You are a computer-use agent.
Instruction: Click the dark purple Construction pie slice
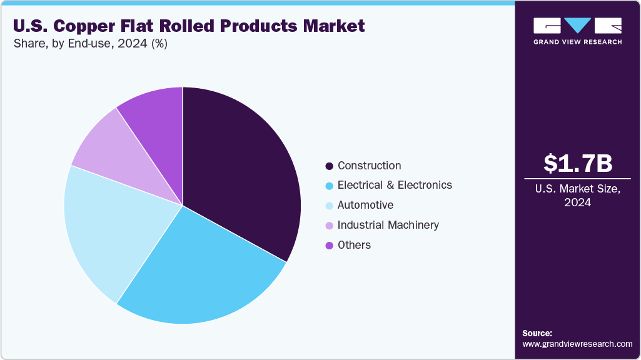click(x=241, y=169)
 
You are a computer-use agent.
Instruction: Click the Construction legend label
click(x=369, y=166)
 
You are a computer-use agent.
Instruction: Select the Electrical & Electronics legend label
click(x=395, y=185)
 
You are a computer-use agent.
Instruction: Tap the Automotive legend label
click(x=365, y=205)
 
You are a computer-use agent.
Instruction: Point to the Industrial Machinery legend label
click(x=388, y=225)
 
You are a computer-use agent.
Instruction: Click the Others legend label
click(x=354, y=245)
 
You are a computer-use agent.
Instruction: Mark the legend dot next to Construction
click(x=329, y=166)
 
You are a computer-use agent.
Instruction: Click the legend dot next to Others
click(x=329, y=246)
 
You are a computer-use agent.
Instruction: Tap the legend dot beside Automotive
click(x=329, y=206)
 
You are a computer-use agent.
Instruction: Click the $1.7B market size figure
click(x=577, y=164)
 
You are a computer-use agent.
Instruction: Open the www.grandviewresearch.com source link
click(x=577, y=344)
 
